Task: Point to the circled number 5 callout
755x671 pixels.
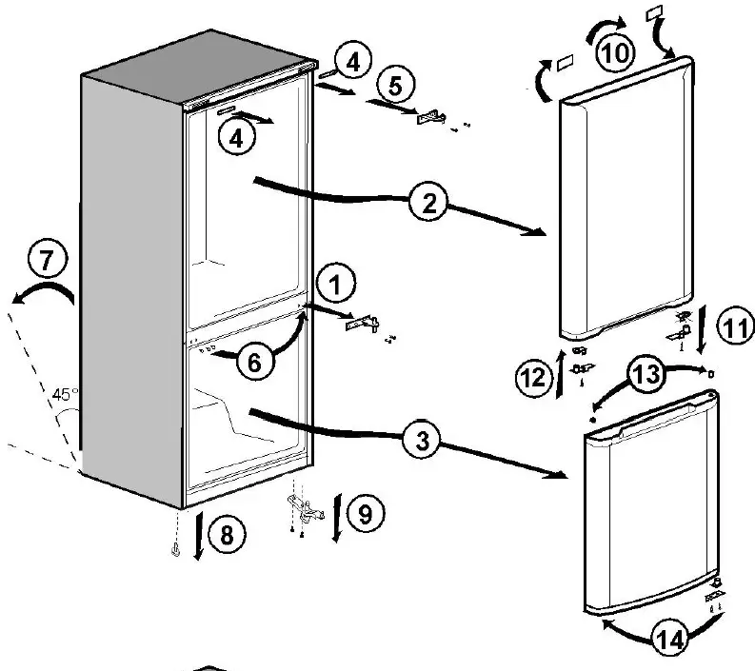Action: [395, 86]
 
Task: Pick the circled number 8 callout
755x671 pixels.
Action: [225, 535]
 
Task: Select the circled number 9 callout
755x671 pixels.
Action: [366, 514]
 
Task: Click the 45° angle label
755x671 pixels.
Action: [65, 393]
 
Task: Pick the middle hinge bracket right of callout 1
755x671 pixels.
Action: [359, 324]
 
